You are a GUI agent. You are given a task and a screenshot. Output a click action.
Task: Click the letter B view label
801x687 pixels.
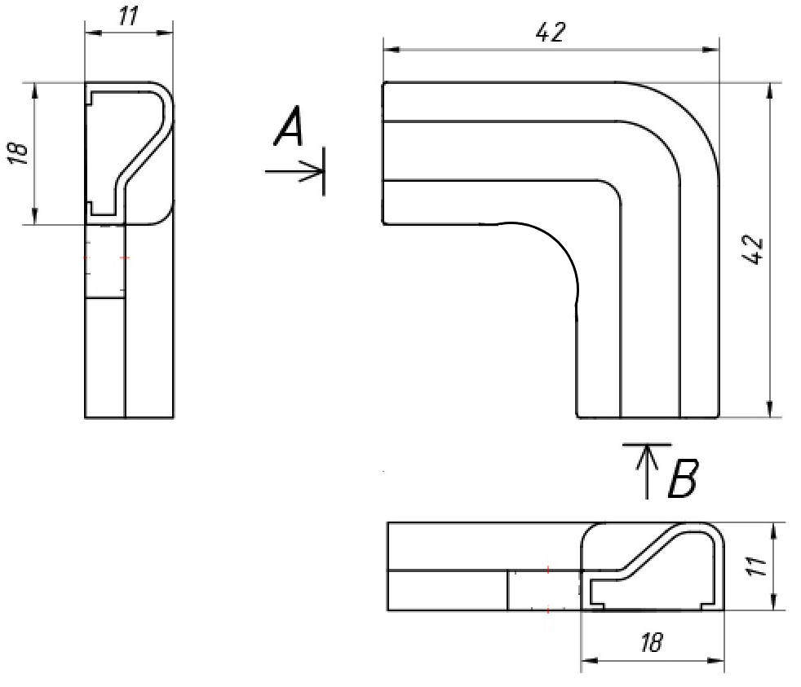[x=682, y=479]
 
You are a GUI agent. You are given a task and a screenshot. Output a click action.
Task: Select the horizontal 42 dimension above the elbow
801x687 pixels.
[x=551, y=33]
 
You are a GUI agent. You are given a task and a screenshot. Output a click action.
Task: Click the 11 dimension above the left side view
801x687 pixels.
[x=127, y=17]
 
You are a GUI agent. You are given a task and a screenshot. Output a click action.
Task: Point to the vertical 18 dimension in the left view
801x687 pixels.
[x=21, y=152]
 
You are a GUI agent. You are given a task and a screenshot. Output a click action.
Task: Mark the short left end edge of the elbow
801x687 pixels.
[x=384, y=152]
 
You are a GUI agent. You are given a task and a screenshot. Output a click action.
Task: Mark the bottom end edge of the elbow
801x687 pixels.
[x=648, y=417]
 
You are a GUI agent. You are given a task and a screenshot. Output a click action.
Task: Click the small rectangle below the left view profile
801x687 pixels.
[x=105, y=261]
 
